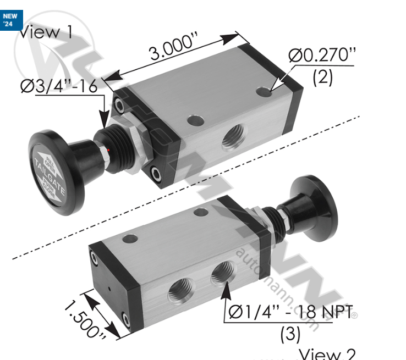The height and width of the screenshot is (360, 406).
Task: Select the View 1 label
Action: point(46,31)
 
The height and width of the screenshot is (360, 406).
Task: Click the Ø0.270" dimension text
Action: point(321,56)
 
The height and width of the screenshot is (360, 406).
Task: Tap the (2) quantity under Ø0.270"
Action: point(322,77)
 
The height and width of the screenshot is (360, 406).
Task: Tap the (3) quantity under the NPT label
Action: point(290,334)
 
